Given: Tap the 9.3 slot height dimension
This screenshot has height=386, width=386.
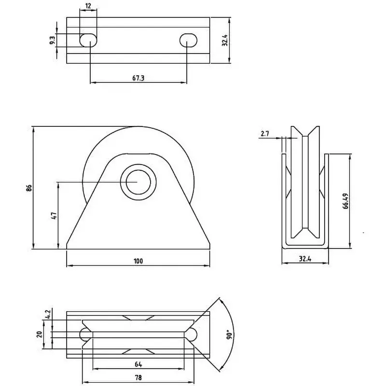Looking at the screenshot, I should pos(52,40).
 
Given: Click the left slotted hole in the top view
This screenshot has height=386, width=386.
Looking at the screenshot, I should pos(88,40).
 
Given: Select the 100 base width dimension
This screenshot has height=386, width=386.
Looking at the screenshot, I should pos(138,261).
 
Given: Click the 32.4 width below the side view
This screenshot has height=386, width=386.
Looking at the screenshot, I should pos(304,259).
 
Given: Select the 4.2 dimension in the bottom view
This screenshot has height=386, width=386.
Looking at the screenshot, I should pos(48,315).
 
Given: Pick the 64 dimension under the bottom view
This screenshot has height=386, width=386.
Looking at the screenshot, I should pos(138,364).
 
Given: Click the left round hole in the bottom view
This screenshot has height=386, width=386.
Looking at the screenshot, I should pos(85,333).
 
